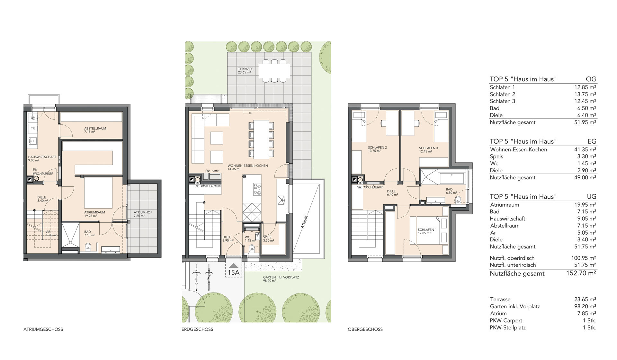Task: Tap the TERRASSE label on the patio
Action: tap(246, 69)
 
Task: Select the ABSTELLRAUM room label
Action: tap(95, 129)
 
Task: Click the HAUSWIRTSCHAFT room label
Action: tap(42, 157)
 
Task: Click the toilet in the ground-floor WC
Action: tap(252, 248)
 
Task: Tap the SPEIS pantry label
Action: tap(267, 237)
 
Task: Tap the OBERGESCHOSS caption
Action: tap(365, 329)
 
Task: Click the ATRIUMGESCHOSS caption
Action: tap(43, 329)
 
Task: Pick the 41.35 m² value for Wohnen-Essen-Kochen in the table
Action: tap(585, 149)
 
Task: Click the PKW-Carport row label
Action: tap(506, 320)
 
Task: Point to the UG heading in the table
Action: tap(591, 197)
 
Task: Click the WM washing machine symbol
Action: tap(33, 118)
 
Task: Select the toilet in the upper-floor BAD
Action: tap(458, 199)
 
